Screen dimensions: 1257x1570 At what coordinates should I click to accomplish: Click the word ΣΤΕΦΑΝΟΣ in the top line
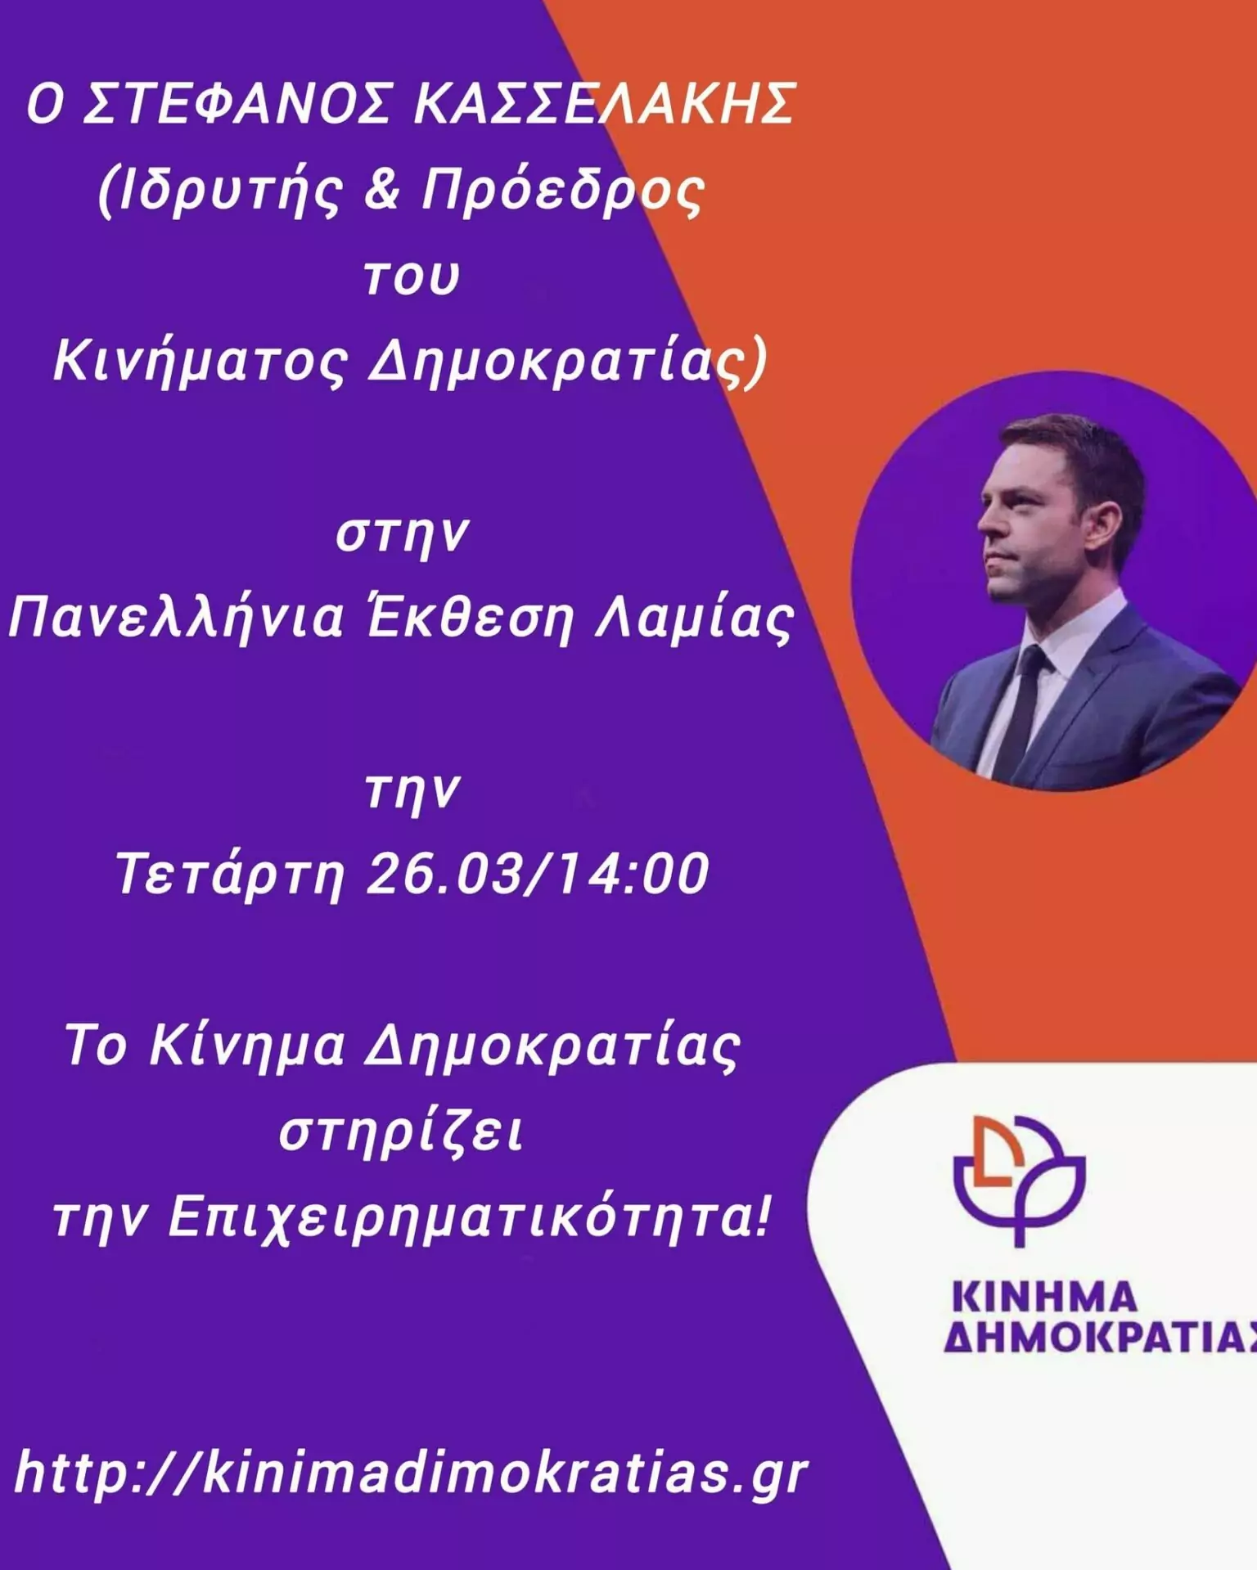[237, 104]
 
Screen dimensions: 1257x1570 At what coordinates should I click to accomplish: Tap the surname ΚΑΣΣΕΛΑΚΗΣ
[605, 104]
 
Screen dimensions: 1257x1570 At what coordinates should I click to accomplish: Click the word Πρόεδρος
[563, 192]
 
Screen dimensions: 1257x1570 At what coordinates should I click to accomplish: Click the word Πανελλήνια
[177, 618]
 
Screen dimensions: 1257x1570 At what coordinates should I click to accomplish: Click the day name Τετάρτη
[230, 875]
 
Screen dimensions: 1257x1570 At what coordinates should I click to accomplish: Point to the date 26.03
[444, 873]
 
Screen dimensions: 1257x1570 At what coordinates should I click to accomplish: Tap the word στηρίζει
[401, 1133]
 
